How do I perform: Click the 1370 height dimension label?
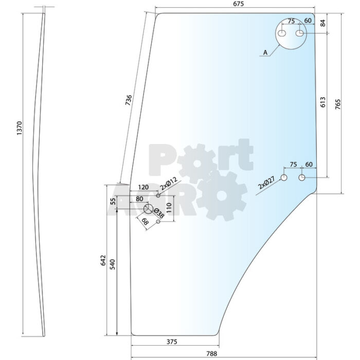(x=20, y=128)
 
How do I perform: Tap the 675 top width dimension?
(x=238, y=4)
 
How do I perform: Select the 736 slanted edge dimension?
(x=129, y=100)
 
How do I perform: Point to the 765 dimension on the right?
(x=338, y=104)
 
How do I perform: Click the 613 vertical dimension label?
(x=322, y=102)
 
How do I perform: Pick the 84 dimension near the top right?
(x=322, y=23)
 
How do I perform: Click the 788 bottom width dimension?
(x=211, y=354)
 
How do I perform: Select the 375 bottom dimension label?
(x=172, y=342)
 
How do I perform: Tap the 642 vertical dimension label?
(x=103, y=260)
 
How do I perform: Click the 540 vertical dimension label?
(x=112, y=264)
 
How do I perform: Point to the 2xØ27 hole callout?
(x=266, y=183)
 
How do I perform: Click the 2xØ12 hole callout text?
(x=169, y=183)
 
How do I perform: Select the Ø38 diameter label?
(x=159, y=213)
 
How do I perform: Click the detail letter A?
(x=265, y=52)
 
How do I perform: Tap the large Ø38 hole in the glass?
(x=148, y=209)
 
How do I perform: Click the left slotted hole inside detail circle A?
(x=282, y=33)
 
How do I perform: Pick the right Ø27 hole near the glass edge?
(x=302, y=177)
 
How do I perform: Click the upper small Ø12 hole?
(x=158, y=195)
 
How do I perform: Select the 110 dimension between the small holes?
(x=169, y=208)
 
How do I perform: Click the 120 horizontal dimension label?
(x=143, y=187)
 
